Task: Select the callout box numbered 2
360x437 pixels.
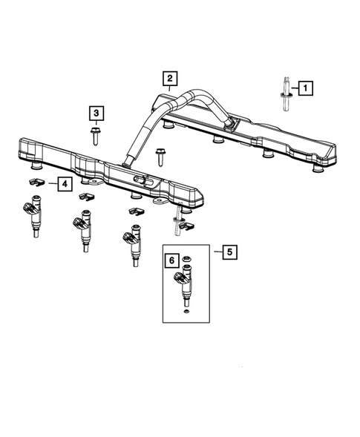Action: pyautogui.click(x=169, y=79)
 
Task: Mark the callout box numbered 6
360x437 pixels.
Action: pyautogui.click(x=171, y=261)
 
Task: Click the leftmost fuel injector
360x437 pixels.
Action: pyautogui.click(x=35, y=215)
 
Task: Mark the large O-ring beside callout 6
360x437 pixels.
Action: pyautogui.click(x=188, y=260)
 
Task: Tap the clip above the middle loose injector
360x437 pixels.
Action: pyautogui.click(x=85, y=196)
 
